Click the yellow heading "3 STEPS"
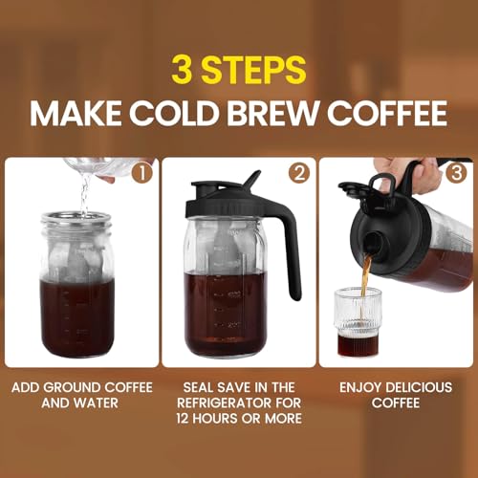pyautogui.click(x=239, y=71)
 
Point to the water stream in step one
pyautogui.click(x=84, y=196)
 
